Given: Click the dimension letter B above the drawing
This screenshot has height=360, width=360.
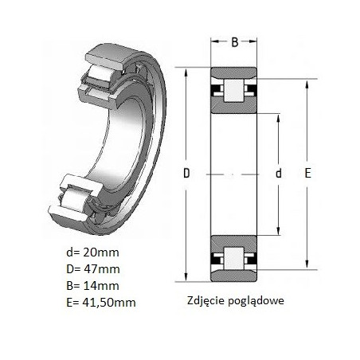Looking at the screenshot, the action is (x=235, y=42).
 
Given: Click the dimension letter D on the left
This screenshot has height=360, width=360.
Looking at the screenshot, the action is (x=186, y=173).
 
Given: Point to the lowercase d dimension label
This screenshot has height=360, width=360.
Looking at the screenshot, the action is (x=279, y=173).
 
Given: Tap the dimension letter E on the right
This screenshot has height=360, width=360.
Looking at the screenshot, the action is (x=307, y=173).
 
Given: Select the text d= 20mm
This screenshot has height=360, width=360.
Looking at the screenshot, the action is (x=92, y=252).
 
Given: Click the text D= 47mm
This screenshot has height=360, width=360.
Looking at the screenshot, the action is (x=93, y=269).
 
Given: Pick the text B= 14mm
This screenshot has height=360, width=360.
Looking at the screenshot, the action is (x=92, y=286).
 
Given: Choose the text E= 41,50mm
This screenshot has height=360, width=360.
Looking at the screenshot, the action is (x=101, y=303).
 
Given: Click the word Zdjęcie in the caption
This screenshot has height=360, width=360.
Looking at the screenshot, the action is (x=206, y=301).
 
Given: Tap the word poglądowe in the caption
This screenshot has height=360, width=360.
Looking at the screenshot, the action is (x=256, y=301).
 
